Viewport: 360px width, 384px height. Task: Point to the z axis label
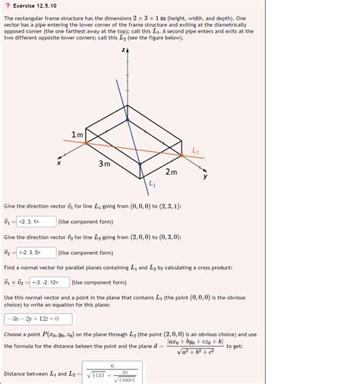pyautogui.click(x=122, y=49)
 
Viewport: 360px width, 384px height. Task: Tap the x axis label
pyautogui.click(x=57, y=161)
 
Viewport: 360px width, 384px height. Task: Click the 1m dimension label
pyautogui.click(x=77, y=135)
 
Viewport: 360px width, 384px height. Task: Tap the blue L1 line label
pyautogui.click(x=152, y=183)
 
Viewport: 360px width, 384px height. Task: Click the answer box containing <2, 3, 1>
pyautogui.click(x=37, y=221)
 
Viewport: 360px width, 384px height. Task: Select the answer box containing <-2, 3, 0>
pyautogui.click(x=37, y=252)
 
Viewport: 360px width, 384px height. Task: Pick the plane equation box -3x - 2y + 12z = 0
pyautogui.click(x=37, y=319)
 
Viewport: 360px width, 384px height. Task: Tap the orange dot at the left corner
pyautogui.click(x=85, y=141)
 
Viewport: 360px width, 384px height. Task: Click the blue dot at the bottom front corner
pyautogui.click(x=140, y=163)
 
